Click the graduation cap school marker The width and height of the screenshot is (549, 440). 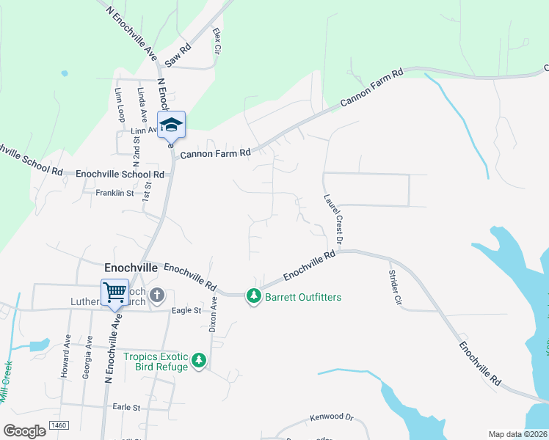[171, 125]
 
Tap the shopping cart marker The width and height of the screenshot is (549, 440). [114, 292]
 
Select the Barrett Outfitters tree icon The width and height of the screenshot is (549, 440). [254, 296]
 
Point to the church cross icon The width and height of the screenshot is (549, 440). [156, 296]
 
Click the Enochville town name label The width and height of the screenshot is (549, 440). [131, 268]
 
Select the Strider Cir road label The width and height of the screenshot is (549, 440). [395, 287]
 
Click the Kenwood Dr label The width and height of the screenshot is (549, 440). [331, 417]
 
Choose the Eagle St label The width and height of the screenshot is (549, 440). [186, 311]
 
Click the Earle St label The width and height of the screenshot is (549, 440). [126, 407]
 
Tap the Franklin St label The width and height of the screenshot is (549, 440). [114, 194]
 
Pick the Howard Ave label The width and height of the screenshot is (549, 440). [65, 357]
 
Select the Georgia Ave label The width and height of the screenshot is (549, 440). [87, 357]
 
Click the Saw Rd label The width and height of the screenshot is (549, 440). [178, 54]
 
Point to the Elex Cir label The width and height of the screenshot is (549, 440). [217, 40]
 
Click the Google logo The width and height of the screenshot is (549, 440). [24, 430]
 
